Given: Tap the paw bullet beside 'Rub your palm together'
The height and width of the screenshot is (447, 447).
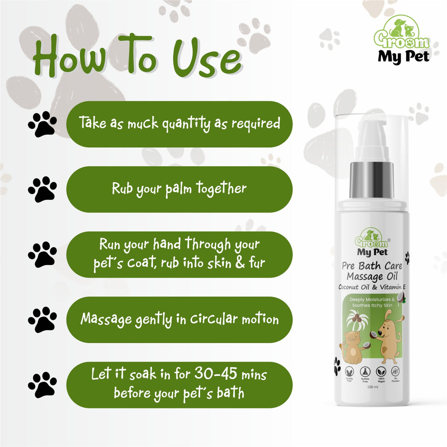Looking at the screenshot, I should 42,189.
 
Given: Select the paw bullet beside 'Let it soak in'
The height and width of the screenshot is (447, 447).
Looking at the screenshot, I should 42,385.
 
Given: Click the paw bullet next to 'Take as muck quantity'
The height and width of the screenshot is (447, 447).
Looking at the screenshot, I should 42,124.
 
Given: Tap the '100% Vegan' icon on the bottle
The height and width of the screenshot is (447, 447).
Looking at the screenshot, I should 381,375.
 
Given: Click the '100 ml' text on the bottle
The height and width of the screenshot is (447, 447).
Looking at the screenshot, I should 372,387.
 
